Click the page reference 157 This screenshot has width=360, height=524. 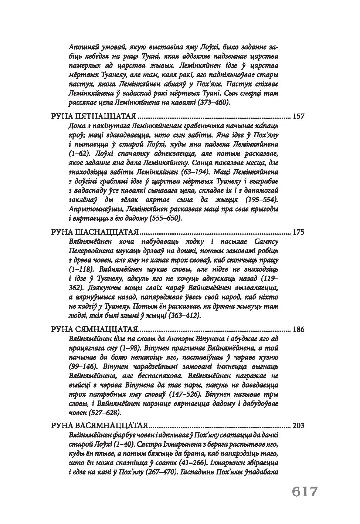[x=298, y=116]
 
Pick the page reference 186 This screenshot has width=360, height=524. [x=298, y=329]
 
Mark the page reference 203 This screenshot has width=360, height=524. [x=298, y=425]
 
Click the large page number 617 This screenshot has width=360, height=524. [x=305, y=492]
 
